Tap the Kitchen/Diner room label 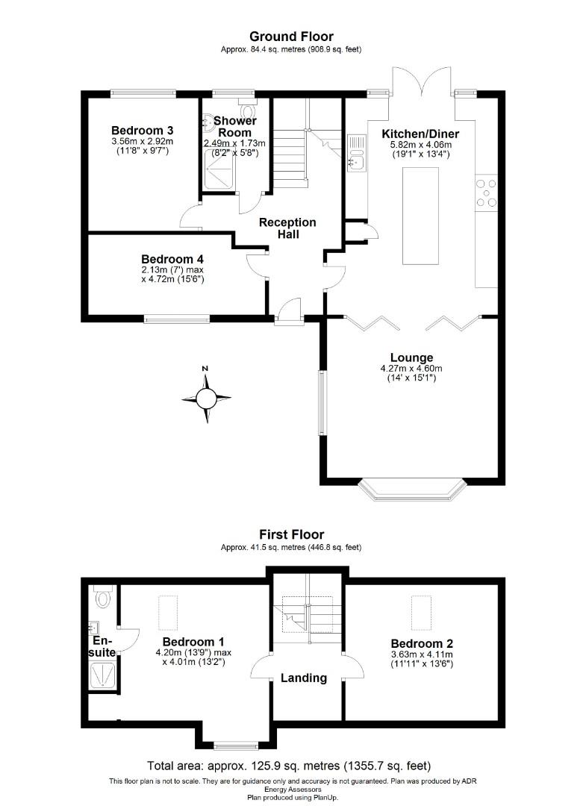(x=420, y=134)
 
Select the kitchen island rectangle (x=420, y=216)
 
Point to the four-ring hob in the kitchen (x=487, y=192)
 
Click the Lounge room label (x=411, y=357)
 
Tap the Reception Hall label (x=287, y=228)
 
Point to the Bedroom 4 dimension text (x=172, y=275)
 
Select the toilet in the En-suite (x=102, y=597)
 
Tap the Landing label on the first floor (x=304, y=678)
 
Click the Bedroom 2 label (x=422, y=643)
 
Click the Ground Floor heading (x=291, y=36)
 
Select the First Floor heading (x=291, y=534)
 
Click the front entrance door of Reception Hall (x=288, y=312)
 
